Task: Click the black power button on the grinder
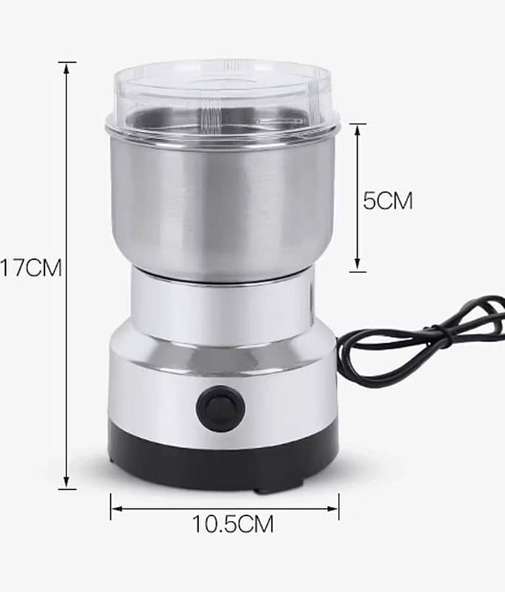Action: pyautogui.click(x=220, y=408)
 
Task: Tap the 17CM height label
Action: pyautogui.click(x=31, y=268)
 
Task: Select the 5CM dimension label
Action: pyautogui.click(x=387, y=200)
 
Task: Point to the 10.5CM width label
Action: pyautogui.click(x=233, y=524)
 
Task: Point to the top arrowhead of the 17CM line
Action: pyautogui.click(x=67, y=69)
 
